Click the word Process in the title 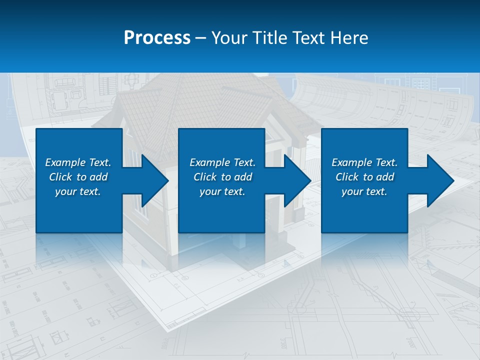pyautogui.click(x=157, y=38)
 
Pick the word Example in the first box pyautogui.click(x=65, y=162)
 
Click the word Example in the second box pyautogui.click(x=209, y=162)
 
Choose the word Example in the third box pyautogui.click(x=351, y=162)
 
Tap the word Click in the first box pyautogui.click(x=60, y=177)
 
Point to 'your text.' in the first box pyautogui.click(x=78, y=191)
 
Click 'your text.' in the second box pyautogui.click(x=222, y=191)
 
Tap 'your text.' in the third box pyautogui.click(x=364, y=191)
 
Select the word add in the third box pyautogui.click(x=385, y=177)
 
